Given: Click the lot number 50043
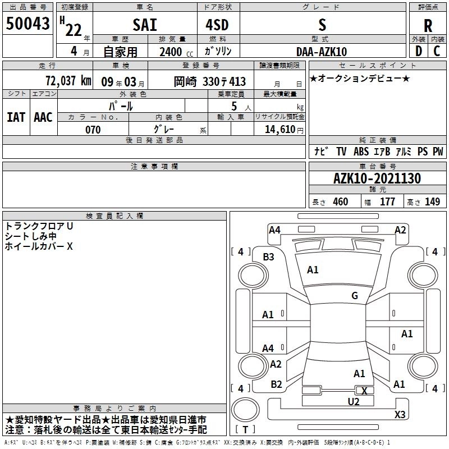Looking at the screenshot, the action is (28, 24).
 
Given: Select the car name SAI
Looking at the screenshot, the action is (145, 25).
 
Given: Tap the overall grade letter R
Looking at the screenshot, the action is (428, 26).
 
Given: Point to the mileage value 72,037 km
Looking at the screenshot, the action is (68, 81).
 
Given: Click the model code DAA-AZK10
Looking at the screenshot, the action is (322, 52).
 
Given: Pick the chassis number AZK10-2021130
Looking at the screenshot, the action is (377, 178).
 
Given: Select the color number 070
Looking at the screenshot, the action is (93, 130).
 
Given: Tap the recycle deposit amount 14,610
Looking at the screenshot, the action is (280, 130).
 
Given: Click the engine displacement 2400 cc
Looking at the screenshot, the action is (176, 52).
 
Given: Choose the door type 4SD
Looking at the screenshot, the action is (217, 25).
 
